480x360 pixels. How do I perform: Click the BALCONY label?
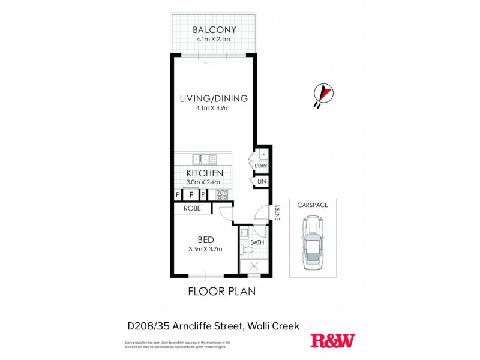pyautogui.click(x=214, y=30)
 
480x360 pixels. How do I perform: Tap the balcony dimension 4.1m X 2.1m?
pyautogui.click(x=214, y=40)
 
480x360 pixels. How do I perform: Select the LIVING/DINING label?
pyautogui.click(x=214, y=99)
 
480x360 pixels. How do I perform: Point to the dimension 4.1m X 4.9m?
pyautogui.click(x=214, y=109)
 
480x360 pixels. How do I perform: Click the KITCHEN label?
pyautogui.click(x=203, y=173)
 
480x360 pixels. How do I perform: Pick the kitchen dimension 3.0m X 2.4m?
pyautogui.click(x=203, y=182)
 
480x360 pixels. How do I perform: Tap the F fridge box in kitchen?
pyautogui.click(x=191, y=195)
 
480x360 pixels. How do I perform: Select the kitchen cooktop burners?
pyautogui.click(x=220, y=194)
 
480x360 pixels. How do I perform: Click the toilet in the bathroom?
pyautogui.click(x=245, y=248)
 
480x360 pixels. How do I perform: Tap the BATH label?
pyautogui.click(x=257, y=243)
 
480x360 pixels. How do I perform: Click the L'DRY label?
pyautogui.click(x=260, y=166)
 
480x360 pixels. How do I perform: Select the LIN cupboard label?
pyautogui.click(x=262, y=181)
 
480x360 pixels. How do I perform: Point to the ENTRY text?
pyautogui.click(x=278, y=212)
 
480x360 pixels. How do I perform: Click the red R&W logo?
pyautogui.click(x=332, y=340)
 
